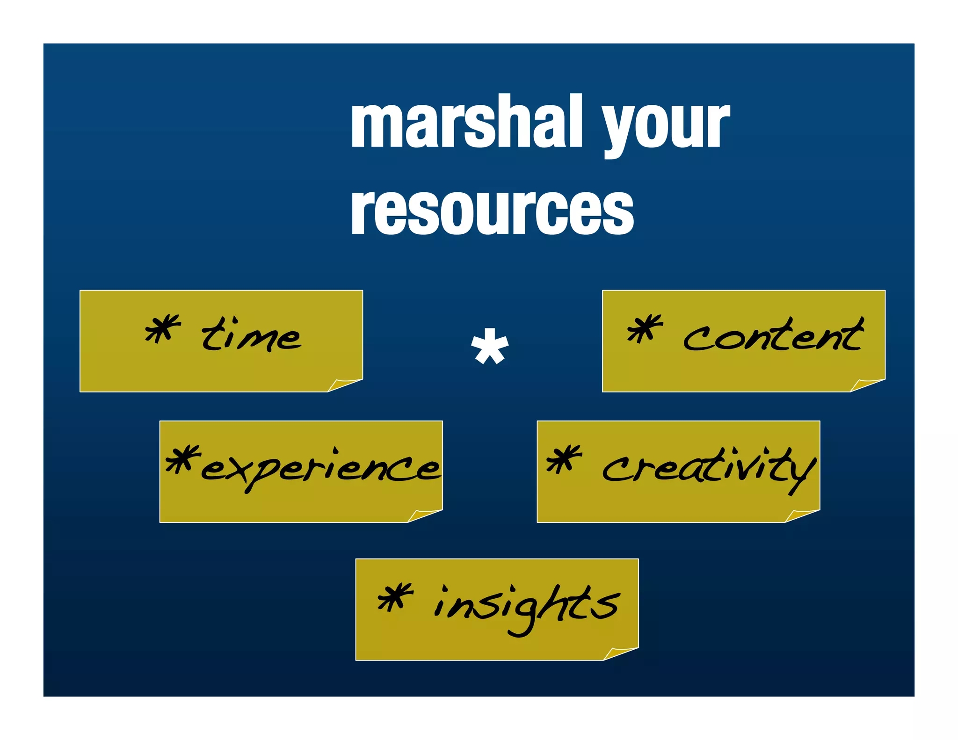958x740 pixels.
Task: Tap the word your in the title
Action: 665,125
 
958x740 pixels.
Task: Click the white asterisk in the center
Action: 489,347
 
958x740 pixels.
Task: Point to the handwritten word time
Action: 251,335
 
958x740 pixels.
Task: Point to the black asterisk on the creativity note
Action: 564,458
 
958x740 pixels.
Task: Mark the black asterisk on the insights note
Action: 395,597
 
